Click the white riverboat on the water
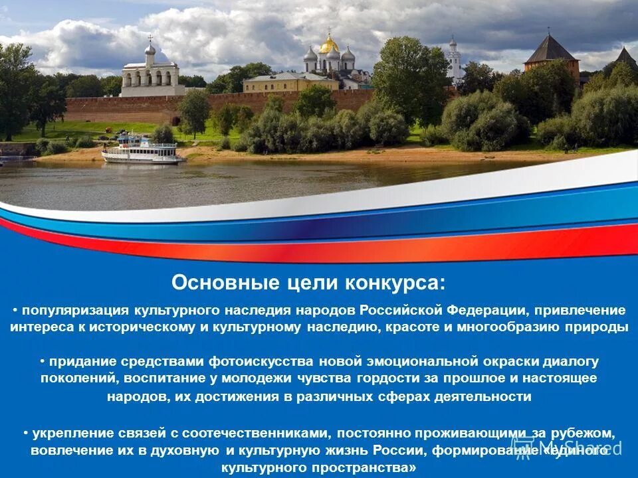(142, 150)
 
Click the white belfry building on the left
(152, 77)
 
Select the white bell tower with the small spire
(455, 60)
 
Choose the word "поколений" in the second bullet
(72, 378)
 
